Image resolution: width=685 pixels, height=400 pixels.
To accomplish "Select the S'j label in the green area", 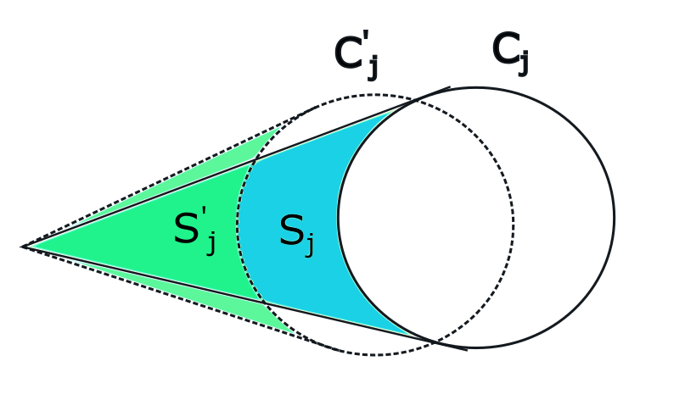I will (x=194, y=230).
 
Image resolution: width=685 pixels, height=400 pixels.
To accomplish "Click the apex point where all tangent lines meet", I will (x=23, y=247).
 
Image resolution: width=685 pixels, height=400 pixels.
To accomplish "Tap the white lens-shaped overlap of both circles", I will (x=424, y=220).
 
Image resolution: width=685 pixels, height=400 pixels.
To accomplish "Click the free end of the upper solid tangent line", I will (x=450, y=86).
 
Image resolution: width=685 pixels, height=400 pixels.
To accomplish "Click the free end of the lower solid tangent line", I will (x=467, y=348).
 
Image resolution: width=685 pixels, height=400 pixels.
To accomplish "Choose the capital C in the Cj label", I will (x=505, y=51).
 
